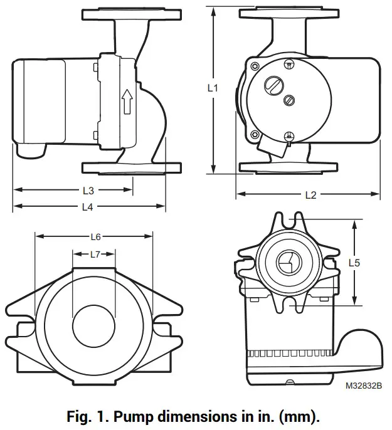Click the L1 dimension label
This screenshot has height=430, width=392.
pyautogui.click(x=213, y=88)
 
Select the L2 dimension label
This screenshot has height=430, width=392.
pyautogui.click(x=309, y=195)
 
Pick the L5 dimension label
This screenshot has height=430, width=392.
pyautogui.click(x=354, y=263)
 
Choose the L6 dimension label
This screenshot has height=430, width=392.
pyautogui.click(x=95, y=236)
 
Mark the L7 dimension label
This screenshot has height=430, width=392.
pyautogui.click(x=95, y=254)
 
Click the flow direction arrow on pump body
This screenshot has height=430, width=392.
pyautogui.click(x=127, y=102)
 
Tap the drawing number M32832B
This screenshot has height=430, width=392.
pyautogui.click(x=363, y=387)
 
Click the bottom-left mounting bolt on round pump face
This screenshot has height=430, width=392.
pyautogui.click(x=254, y=134)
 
